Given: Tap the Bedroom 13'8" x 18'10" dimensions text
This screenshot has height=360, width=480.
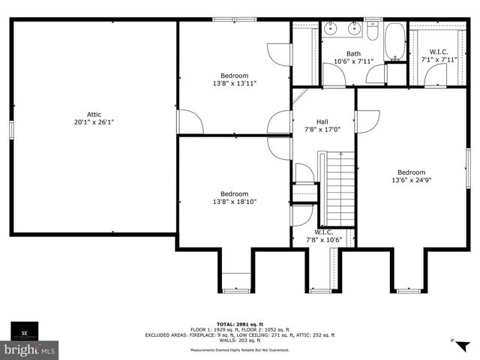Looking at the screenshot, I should pos(234,201).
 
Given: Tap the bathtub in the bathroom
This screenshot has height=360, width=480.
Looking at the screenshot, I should pos(394,41).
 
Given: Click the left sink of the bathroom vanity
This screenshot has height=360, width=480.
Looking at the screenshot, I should pos(334,31).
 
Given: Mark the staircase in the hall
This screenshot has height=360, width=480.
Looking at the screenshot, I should pos(339,187).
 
